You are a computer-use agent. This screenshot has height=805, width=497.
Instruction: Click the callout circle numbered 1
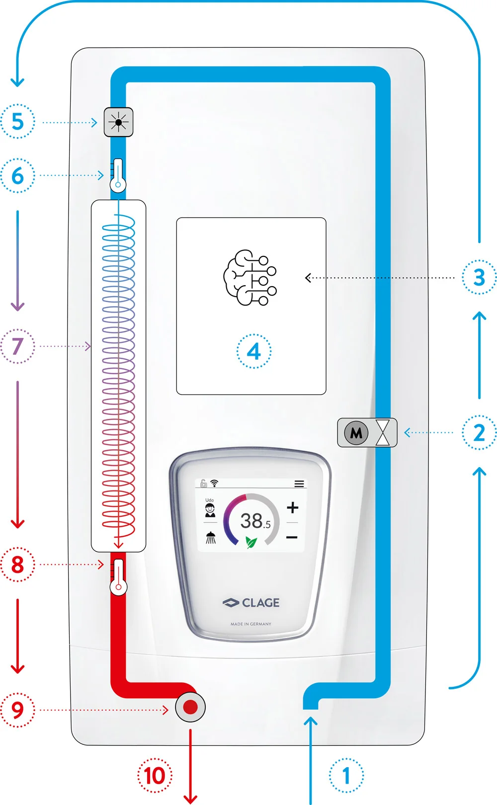pos(346,776)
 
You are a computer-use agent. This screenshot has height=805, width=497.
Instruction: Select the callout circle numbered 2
pos(479,432)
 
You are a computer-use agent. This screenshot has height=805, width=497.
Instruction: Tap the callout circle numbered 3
pos(479,277)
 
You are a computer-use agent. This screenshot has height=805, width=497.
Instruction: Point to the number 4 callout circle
pos(253,351)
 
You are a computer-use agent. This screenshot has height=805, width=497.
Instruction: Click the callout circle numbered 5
pos(17,121)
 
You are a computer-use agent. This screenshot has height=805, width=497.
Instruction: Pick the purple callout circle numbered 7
pos(17,346)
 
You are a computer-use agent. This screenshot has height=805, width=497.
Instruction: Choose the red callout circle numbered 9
pos(17,710)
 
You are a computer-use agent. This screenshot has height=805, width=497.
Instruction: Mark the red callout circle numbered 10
pos(155,776)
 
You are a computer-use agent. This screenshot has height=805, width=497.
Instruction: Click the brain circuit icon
pos(250,277)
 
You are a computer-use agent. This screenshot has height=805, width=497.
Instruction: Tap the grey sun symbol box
pos(119,122)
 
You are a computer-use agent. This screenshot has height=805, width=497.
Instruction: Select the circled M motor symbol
pos(356,433)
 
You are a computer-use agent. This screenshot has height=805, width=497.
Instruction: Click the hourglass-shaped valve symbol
pos(383,432)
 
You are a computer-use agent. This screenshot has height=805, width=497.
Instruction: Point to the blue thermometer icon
pos(118,175)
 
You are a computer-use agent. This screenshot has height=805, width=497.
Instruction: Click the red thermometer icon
pos(118,577)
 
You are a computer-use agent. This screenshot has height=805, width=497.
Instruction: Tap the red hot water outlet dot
pos(190,707)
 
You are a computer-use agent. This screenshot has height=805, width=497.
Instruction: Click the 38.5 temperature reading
pos(255,521)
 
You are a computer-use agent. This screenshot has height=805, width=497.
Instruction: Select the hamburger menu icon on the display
pos(299,483)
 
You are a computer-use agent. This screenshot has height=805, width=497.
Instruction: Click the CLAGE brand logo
pos(251,603)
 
